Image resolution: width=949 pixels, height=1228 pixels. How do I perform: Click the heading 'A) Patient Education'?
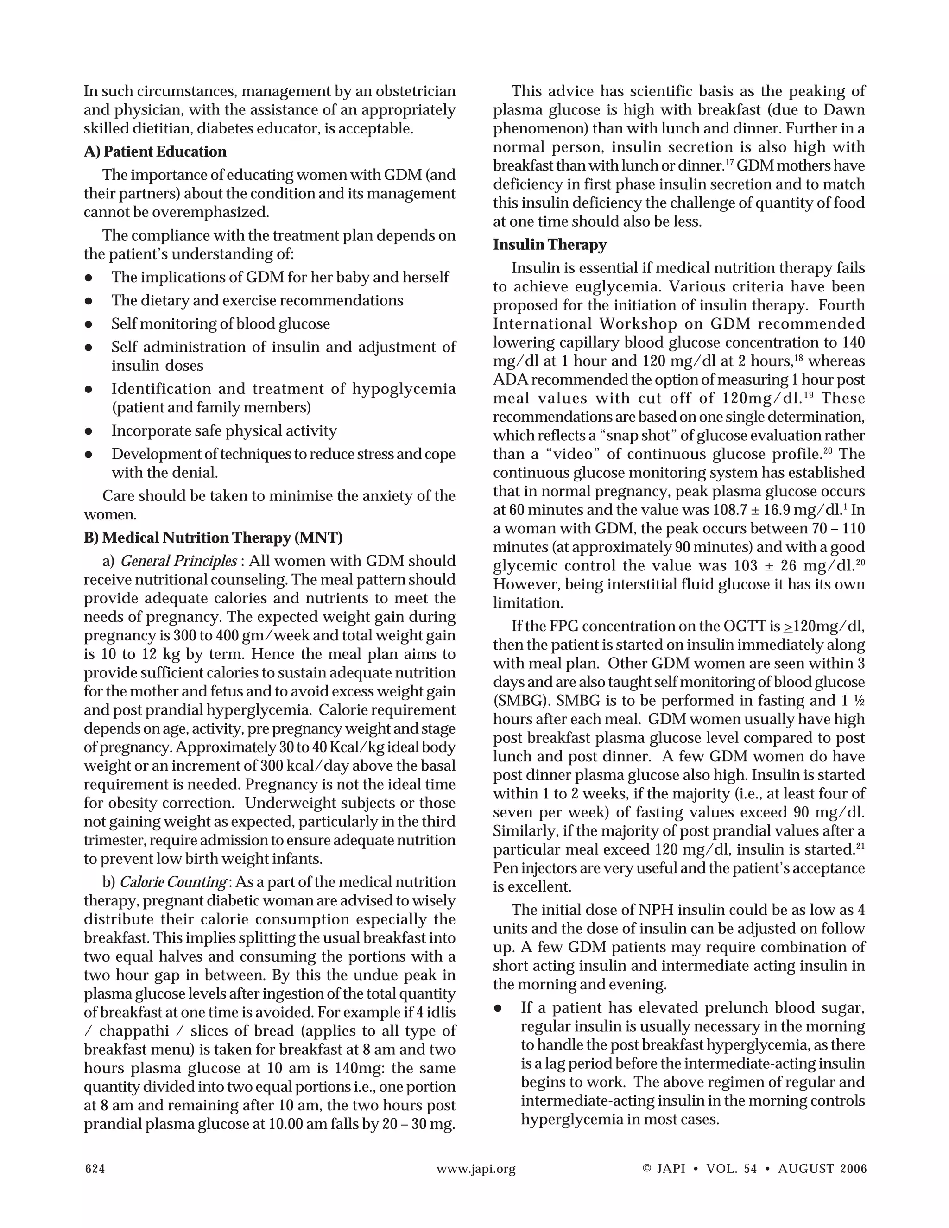click(x=155, y=152)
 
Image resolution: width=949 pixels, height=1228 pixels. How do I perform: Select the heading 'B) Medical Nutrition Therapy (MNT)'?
click(x=213, y=538)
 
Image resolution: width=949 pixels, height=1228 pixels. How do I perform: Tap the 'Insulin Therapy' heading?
click(x=549, y=245)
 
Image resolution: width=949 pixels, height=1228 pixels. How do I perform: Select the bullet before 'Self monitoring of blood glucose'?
click(x=88, y=324)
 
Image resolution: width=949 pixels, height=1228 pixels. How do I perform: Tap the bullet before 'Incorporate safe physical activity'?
click(x=88, y=431)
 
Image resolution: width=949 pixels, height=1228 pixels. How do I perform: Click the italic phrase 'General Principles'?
click(x=179, y=561)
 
